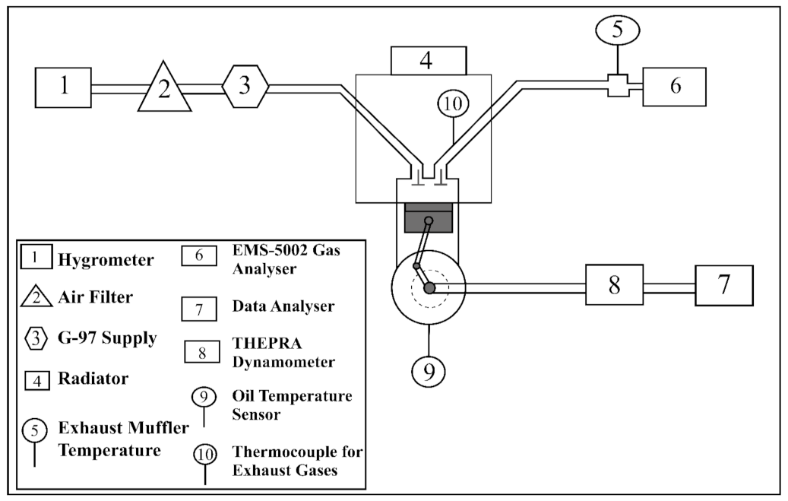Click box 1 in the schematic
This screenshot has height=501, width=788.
[65, 87]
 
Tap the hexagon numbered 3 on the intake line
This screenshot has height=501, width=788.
[245, 85]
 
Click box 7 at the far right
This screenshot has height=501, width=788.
[723, 285]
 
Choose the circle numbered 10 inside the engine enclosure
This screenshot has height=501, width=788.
[453, 104]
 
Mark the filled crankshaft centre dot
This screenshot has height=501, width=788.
[429, 287]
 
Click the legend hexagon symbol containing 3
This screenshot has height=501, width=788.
[36, 338]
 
